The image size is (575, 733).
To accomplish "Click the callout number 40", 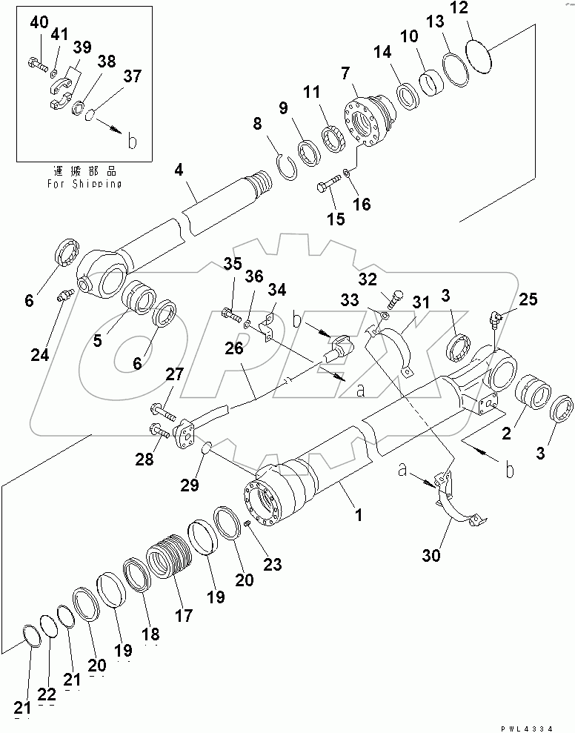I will click(39, 22).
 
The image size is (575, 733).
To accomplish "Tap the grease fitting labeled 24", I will click(64, 296).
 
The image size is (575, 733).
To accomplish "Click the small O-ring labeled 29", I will click(208, 448).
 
